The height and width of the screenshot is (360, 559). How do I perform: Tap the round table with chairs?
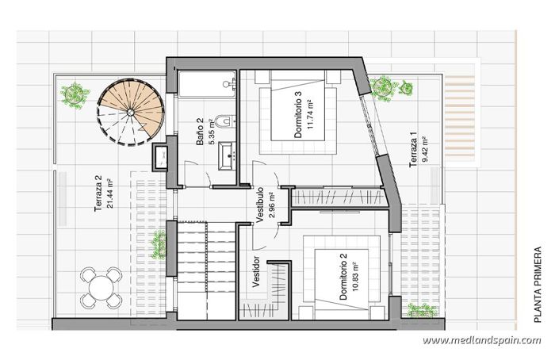tap(100, 287)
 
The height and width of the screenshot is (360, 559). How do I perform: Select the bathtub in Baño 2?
tap(207, 82)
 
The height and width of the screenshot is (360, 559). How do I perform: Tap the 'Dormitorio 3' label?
tap(298, 115)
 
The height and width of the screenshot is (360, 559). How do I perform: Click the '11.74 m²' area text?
tap(310, 115)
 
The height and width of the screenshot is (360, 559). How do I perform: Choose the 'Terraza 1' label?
tap(413, 151)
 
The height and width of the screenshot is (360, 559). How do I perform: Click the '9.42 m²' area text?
tap(424, 151)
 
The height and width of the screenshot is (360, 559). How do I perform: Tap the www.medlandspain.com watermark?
tap(481, 341)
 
